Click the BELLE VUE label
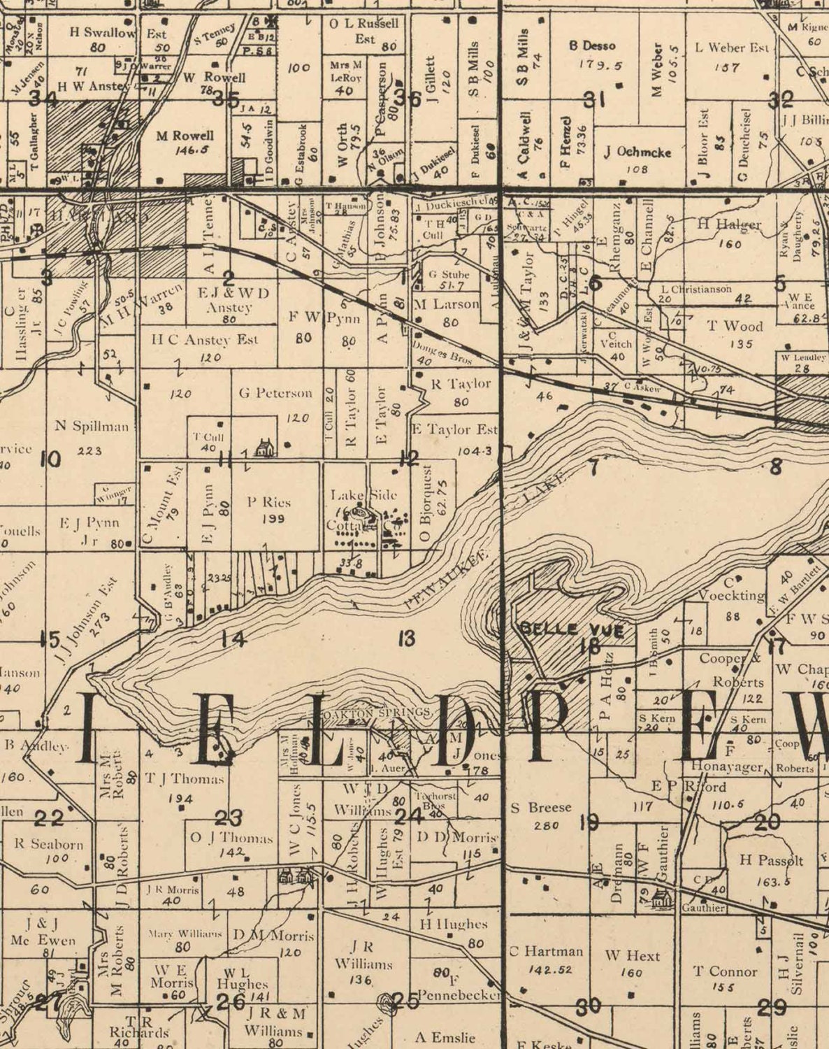point(572,629)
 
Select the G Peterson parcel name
point(275,393)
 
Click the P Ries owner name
point(269,501)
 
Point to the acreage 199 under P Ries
point(269,519)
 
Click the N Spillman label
point(92,426)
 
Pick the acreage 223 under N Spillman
point(90,451)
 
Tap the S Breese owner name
point(541,808)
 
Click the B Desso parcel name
point(592,46)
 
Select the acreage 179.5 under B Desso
point(600,64)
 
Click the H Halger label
point(729,224)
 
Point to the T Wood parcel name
point(735,326)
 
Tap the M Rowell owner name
point(185,136)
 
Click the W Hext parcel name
point(632,955)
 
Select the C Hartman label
point(546,951)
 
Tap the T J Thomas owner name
point(185,778)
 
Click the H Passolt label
point(772,861)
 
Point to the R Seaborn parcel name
point(49,844)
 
